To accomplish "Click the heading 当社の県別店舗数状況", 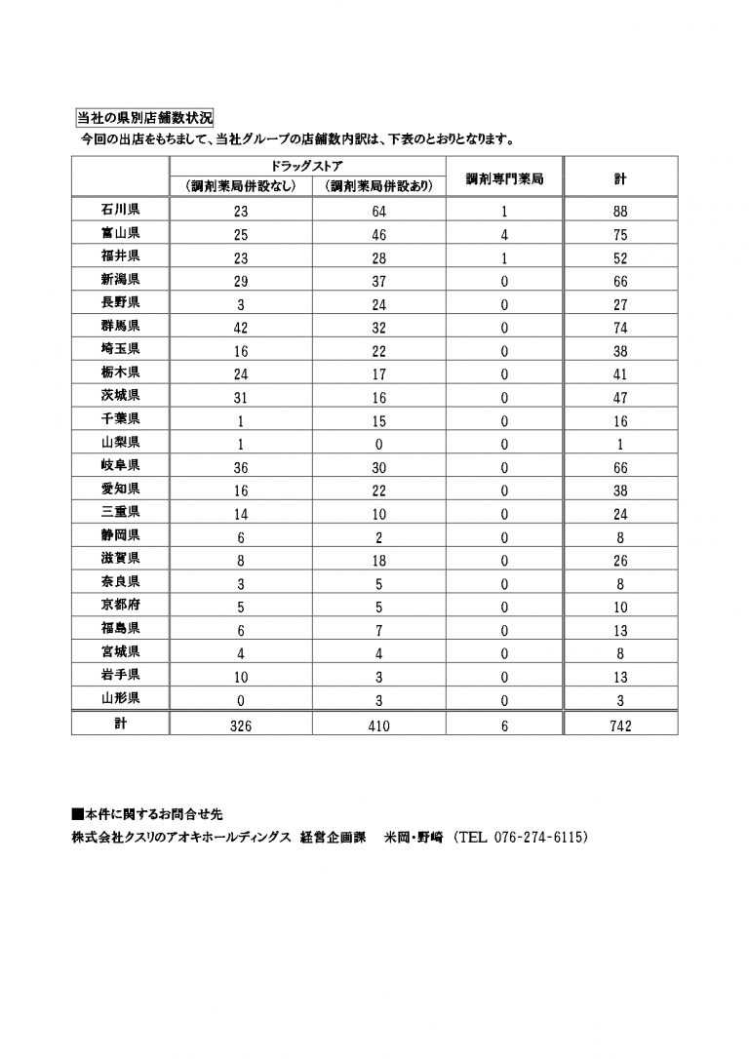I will click(144, 119).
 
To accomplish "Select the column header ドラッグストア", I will click(307, 166).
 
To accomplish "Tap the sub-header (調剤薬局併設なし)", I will click(241, 186).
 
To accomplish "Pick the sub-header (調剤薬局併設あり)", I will click(378, 186).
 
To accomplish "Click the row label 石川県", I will click(120, 210).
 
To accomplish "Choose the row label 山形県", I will click(120, 698).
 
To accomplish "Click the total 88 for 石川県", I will click(620, 212).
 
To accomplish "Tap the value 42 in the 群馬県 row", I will click(241, 328).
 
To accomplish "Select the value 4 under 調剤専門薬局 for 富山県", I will click(504, 235).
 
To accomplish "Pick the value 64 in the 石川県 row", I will click(378, 212).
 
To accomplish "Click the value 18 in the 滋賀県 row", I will click(378, 559).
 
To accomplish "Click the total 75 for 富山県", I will click(620, 235).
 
